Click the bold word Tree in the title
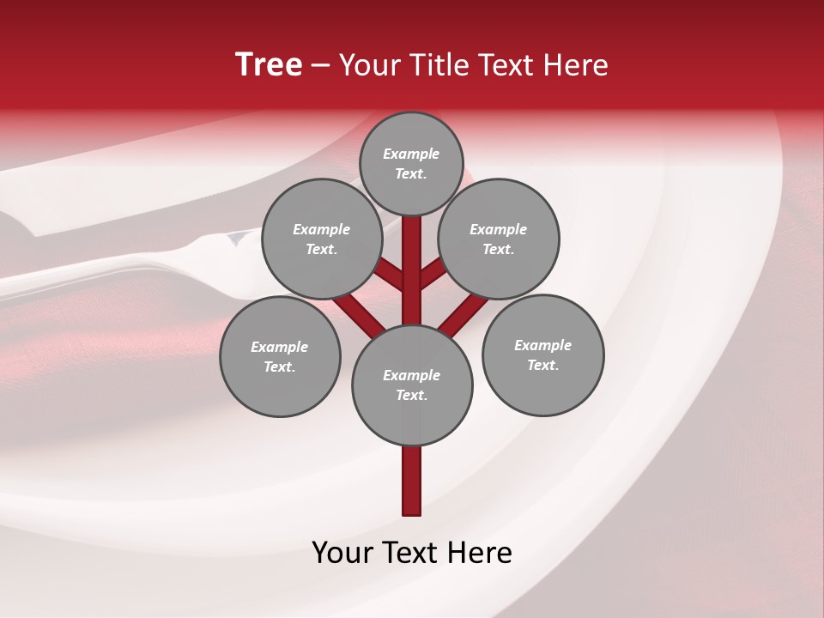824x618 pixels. [x=269, y=64]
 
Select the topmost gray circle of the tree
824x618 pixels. [x=411, y=163]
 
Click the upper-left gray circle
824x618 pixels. [x=322, y=239]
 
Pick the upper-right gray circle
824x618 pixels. [x=499, y=239]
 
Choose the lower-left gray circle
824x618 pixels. [x=280, y=356]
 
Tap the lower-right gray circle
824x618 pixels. [x=543, y=354]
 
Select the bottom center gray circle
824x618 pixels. [x=412, y=385]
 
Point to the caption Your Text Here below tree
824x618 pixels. [x=412, y=553]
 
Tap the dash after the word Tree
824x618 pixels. [x=321, y=66]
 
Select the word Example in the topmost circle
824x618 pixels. [x=411, y=154]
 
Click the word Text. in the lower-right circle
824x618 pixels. [x=543, y=365]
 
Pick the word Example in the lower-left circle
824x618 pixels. [x=280, y=347]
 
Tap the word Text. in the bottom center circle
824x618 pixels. [x=412, y=395]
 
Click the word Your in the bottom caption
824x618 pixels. [x=343, y=553]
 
